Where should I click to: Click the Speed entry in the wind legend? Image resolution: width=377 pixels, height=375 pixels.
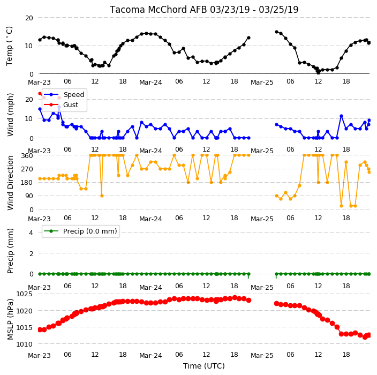pos(73,94)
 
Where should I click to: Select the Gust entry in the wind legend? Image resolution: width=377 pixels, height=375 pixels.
pos(71,105)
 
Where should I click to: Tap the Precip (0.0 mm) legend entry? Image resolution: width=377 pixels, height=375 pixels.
pos(90,231)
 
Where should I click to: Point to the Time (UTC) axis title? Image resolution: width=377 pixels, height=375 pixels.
pos(204,366)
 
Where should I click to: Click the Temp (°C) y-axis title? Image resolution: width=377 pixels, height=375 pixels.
pos(9,46)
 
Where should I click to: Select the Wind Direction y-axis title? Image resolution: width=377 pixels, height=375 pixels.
pos(10,183)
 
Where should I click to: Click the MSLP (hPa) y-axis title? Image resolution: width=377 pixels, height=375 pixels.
pos(10,319)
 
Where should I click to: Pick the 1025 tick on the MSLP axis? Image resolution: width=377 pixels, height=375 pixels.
pos(24,294)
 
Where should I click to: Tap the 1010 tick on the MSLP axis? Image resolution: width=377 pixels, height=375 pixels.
pos(24,344)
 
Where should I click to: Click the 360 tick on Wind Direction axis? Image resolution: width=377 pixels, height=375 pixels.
pos(27,156)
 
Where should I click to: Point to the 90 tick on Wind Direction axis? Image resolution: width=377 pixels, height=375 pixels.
pos(29,196)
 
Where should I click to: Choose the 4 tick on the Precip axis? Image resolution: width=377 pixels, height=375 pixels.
pos(31,232)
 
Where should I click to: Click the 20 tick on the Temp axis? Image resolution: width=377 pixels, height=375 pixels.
pos(29,18)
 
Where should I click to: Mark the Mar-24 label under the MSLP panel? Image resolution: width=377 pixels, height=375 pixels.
pos(151,356)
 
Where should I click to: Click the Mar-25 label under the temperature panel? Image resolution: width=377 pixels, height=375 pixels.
pos(262,82)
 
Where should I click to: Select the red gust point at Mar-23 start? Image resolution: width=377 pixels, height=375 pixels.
pos(40,93)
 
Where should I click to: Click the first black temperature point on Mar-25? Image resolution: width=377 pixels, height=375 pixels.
pos(276,32)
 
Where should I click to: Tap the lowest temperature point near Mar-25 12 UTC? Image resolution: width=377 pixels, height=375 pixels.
pos(318,72)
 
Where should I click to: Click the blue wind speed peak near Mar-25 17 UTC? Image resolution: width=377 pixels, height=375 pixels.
pos(341,116)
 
